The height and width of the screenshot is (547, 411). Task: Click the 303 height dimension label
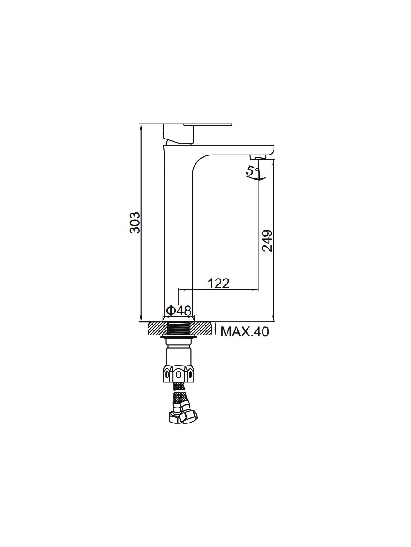tap(135, 222)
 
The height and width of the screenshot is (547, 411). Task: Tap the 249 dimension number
tap(267, 241)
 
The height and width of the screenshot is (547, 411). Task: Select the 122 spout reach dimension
tap(219, 284)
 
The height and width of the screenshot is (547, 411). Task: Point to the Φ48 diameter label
tap(179, 311)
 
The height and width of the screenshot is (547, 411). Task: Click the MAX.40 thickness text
tap(245, 332)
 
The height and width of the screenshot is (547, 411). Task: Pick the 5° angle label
tap(252, 171)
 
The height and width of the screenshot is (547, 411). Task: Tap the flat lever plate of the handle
tap(208, 124)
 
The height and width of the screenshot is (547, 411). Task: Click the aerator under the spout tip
tap(258, 157)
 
